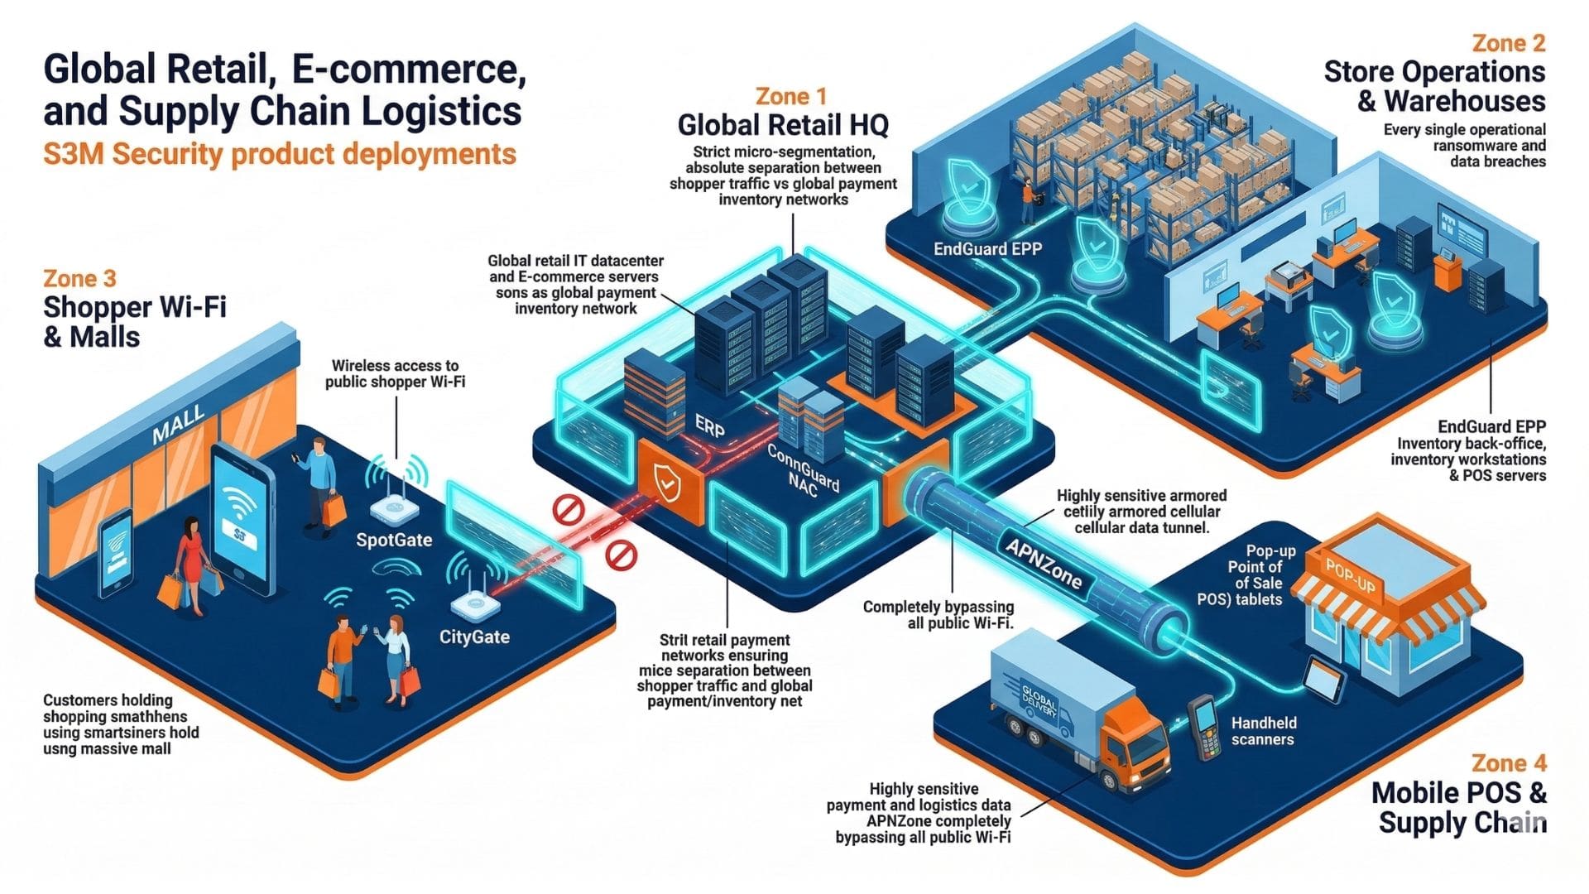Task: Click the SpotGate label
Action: click(394, 540)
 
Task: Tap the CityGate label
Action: click(474, 637)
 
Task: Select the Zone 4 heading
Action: click(1510, 762)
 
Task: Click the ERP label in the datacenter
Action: click(710, 426)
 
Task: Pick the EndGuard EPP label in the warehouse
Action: click(987, 248)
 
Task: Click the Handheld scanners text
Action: click(1263, 731)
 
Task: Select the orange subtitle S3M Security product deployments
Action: click(280, 154)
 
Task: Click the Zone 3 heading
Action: click(79, 278)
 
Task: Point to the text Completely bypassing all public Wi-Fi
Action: click(938, 614)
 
